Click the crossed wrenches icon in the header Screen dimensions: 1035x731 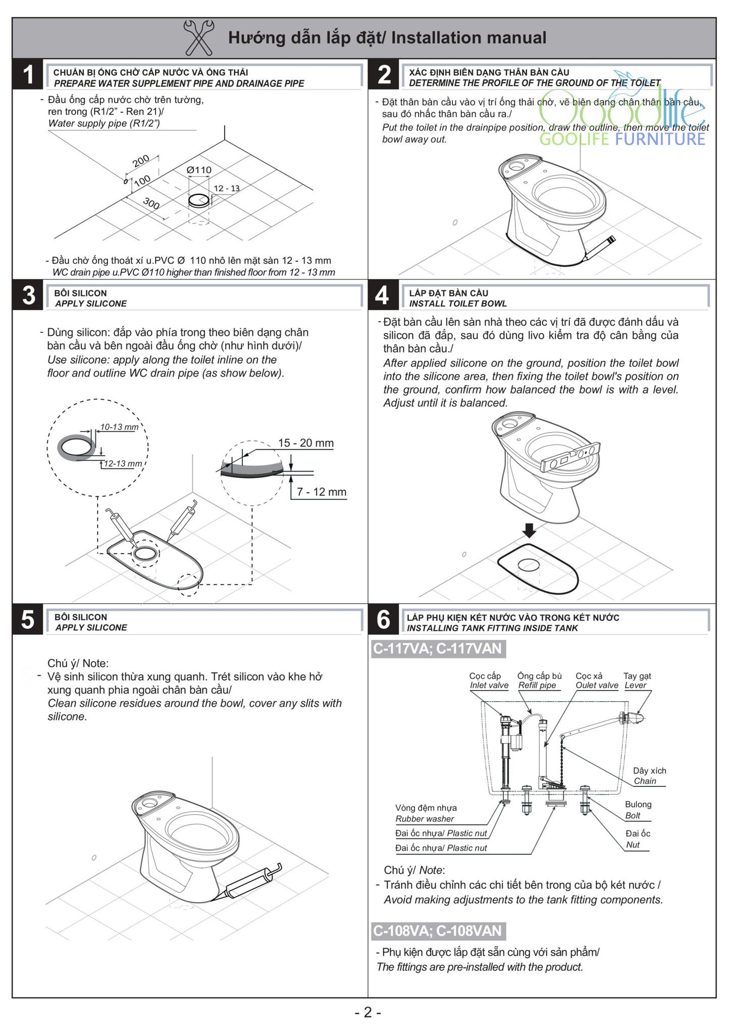tap(198, 37)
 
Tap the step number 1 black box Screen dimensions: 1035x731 tap(28, 74)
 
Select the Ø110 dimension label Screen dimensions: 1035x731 tap(199, 170)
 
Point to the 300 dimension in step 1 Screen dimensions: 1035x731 tap(151, 204)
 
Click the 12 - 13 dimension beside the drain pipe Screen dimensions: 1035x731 tap(227, 189)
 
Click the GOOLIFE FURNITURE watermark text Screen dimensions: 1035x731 tap(622, 139)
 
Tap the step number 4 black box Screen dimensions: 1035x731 tap(383, 295)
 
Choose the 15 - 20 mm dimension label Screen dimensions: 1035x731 tap(305, 443)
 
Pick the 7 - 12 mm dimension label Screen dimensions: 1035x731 tap(321, 492)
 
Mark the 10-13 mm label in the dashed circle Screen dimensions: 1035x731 tap(119, 427)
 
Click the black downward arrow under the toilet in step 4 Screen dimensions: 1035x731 tap(529, 530)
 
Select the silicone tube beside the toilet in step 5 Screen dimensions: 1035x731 tap(251, 881)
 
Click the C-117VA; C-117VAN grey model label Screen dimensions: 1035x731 tap(438, 648)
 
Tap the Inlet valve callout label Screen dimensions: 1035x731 tap(489, 685)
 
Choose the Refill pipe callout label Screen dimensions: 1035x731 tap(537, 685)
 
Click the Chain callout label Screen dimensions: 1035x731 tap(645, 781)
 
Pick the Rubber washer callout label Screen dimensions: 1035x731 tap(425, 819)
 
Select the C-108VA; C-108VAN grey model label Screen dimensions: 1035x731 tap(438, 931)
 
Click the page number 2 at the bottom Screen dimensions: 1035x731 tap(368, 1012)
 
